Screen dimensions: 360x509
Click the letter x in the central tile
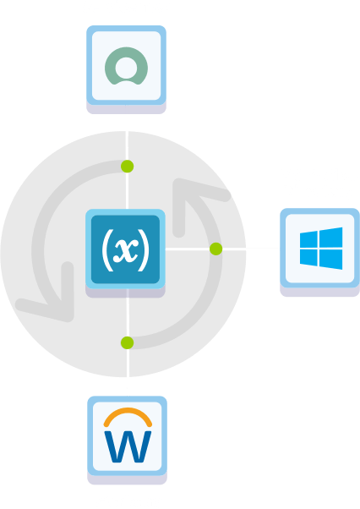click(x=126, y=250)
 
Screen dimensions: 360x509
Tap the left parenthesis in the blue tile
click(x=107, y=250)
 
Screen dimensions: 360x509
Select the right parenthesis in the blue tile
click(x=144, y=250)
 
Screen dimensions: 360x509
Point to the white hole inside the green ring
click(x=126, y=68)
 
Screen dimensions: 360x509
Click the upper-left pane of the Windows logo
click(x=308, y=239)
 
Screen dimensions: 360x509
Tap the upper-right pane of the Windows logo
click(x=330, y=238)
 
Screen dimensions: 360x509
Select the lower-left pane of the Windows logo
click(x=308, y=258)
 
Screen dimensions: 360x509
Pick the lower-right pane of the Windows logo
click(x=330, y=260)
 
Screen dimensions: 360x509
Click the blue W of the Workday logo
click(x=128, y=446)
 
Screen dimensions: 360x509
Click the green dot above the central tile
click(x=127, y=167)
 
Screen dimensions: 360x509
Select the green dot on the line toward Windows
click(x=216, y=249)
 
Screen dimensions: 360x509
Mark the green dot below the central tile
click(x=127, y=342)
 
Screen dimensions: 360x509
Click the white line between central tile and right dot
click(x=188, y=249)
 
